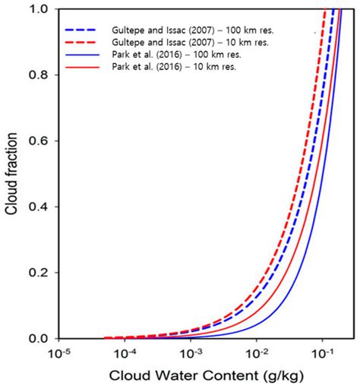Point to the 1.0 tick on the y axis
point(34,9)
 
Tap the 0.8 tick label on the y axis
point(34,75)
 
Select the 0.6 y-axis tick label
point(34,141)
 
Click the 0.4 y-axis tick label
point(34,207)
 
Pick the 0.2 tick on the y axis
point(34,272)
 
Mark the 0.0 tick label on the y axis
point(34,338)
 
